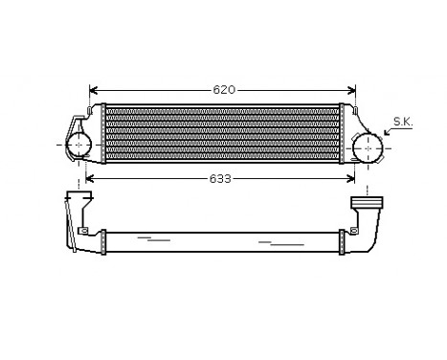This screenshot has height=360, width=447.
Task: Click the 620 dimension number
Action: pyautogui.click(x=222, y=90)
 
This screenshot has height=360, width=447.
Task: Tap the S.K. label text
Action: pyautogui.click(x=402, y=122)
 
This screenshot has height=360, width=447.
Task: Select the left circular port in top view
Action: pyautogui.click(x=79, y=146)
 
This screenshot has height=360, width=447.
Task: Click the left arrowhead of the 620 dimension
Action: pyautogui.click(x=91, y=90)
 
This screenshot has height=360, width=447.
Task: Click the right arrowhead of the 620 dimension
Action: pyautogui.click(x=353, y=90)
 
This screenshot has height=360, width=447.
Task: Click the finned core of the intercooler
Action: pyautogui.click(x=222, y=133)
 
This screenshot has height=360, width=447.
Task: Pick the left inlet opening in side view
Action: pyautogui.click(x=76, y=198)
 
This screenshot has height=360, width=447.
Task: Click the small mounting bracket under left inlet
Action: pyautogui.click(x=83, y=233)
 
